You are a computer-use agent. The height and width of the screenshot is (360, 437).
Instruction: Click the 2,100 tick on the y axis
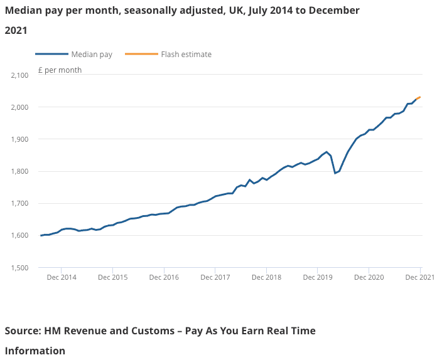tap(20, 75)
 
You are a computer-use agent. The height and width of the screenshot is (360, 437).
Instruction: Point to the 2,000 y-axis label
tap(20, 107)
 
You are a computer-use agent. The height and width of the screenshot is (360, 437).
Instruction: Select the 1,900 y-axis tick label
tap(20, 139)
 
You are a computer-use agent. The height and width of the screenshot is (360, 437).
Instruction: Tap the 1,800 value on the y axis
tap(20, 171)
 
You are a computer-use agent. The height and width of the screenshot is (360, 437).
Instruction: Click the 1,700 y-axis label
tap(20, 203)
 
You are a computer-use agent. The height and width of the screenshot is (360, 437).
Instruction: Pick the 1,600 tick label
tap(20, 236)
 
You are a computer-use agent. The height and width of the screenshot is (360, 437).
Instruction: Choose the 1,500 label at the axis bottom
tap(20, 268)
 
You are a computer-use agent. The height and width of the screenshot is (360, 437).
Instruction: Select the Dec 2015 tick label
tap(112, 277)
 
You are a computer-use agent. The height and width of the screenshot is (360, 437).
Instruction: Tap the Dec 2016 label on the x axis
tap(164, 277)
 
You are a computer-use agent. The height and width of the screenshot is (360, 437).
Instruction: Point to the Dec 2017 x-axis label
tap(215, 277)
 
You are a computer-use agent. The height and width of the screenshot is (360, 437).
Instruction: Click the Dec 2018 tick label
tap(266, 277)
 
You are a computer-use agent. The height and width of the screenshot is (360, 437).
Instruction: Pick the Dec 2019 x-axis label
tap(318, 277)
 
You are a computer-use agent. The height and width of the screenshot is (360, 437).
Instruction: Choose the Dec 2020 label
tap(369, 277)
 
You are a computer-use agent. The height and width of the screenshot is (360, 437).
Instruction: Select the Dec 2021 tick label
tap(419, 277)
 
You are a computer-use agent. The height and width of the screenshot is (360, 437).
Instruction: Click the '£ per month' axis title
tap(60, 70)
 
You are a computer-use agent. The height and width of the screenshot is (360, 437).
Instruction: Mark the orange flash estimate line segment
tap(418, 98)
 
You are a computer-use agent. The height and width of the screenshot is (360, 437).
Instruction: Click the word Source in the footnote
tap(22, 331)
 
